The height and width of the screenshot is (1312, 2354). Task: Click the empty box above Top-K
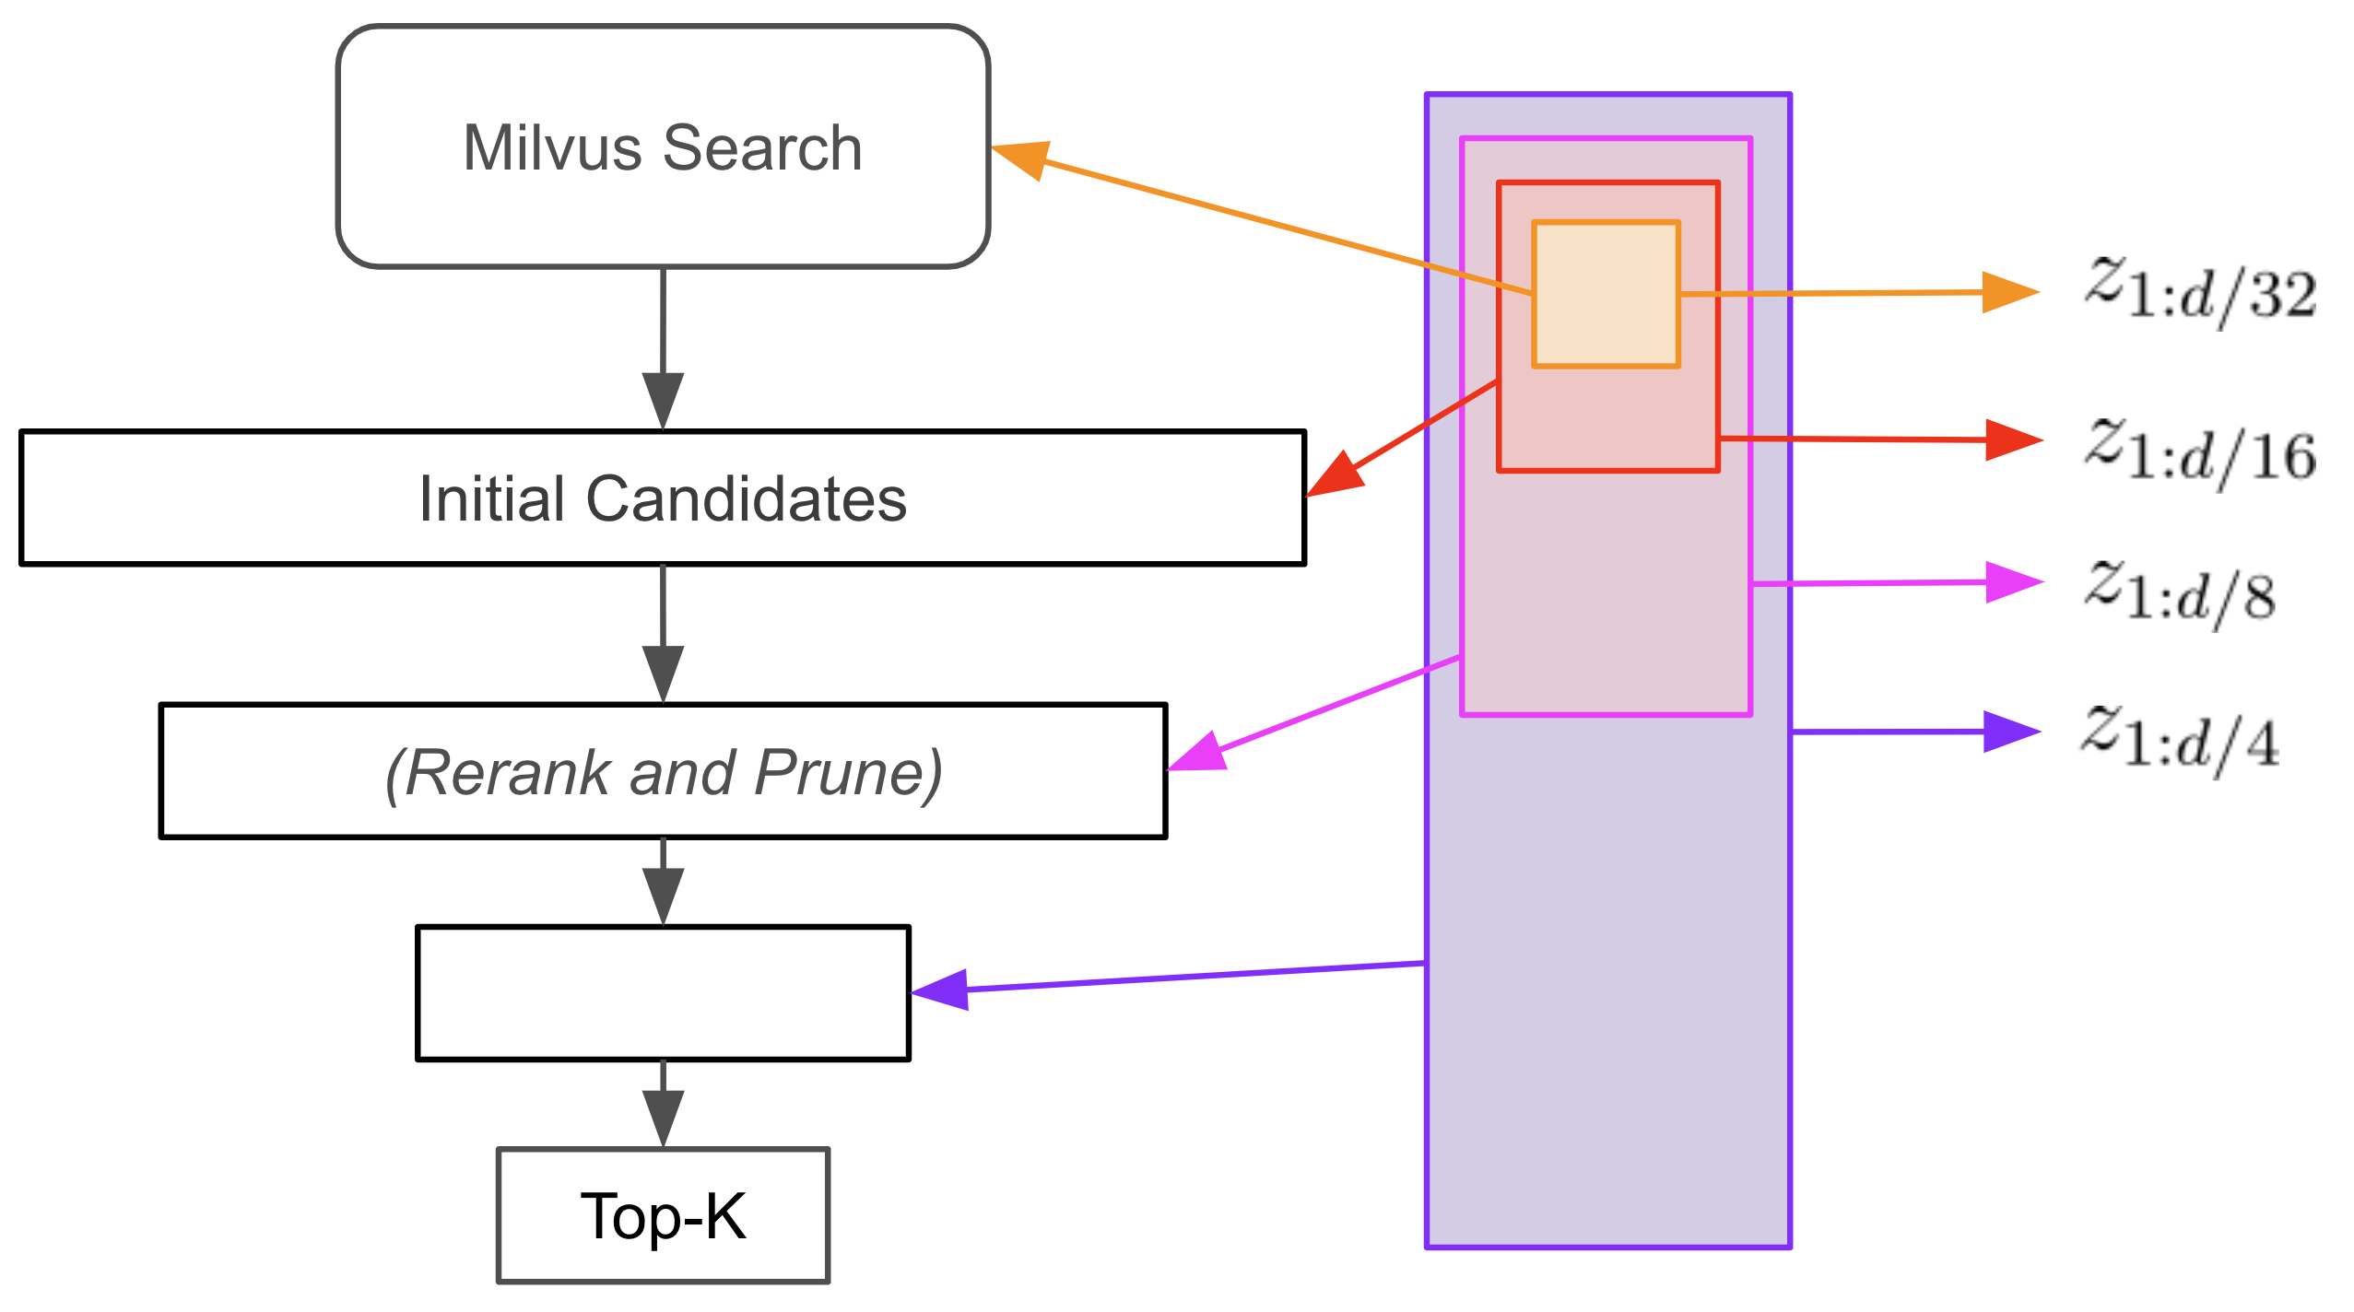[663, 992]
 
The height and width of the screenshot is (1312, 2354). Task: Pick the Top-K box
[663, 1215]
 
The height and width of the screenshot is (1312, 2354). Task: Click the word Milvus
[551, 147]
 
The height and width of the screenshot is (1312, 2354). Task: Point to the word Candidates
[746, 498]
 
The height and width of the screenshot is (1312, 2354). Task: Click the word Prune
[847, 772]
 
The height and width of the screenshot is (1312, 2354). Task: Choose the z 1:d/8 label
[2180, 594]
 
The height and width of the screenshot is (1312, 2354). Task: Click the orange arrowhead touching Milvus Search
[1023, 158]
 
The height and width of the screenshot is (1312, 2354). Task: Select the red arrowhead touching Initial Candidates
[1336, 476]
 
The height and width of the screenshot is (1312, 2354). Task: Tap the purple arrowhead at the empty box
[942, 990]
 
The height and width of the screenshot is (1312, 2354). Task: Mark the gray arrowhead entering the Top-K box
[663, 1117]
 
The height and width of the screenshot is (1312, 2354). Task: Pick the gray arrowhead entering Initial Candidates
[663, 398]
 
